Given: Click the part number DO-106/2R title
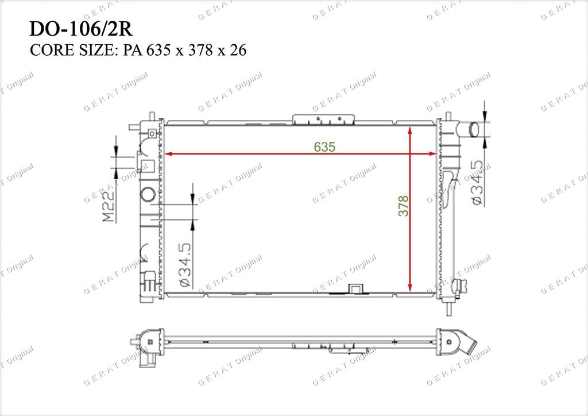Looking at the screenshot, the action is click(81, 29).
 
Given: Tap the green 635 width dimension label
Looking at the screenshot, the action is click(325, 147).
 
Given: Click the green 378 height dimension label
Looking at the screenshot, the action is click(404, 206).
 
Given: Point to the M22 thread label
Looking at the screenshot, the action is click(109, 206).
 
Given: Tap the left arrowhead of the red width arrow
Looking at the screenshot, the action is click(168, 154).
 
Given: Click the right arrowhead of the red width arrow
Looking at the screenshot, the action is click(432, 154).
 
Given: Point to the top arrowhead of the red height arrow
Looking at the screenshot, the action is click(410, 130).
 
